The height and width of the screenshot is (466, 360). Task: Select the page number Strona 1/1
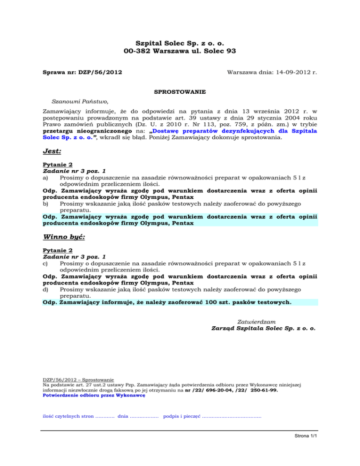(x=303, y=436)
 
